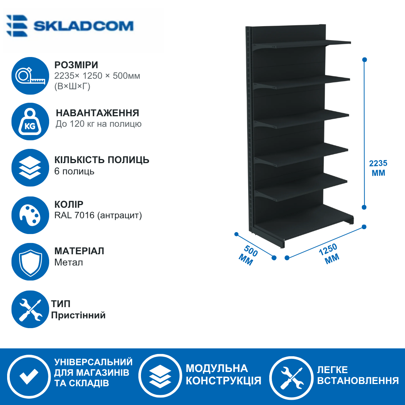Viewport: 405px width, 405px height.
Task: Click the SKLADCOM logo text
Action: tap(83, 26)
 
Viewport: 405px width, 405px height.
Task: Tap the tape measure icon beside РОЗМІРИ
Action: tap(30, 76)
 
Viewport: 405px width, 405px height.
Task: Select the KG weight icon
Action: tap(30, 121)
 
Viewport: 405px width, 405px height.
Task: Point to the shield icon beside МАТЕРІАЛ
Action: tap(30, 262)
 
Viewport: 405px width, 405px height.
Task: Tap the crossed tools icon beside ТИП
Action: tap(30, 309)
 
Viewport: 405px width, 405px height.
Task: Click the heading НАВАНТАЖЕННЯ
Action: tap(97, 113)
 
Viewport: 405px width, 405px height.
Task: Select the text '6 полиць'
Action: tap(74, 171)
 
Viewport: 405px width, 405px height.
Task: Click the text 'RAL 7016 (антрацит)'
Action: tap(98, 215)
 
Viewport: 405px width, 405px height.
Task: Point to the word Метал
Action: tap(69, 262)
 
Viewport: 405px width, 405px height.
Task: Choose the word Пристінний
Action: tap(78, 315)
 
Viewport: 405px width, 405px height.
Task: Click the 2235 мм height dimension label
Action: tap(378, 168)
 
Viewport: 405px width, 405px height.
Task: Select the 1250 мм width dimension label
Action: tap(330, 253)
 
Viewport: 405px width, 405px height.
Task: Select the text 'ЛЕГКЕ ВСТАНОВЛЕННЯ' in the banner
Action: tap(358, 375)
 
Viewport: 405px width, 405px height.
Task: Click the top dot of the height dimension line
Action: tap(365, 60)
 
